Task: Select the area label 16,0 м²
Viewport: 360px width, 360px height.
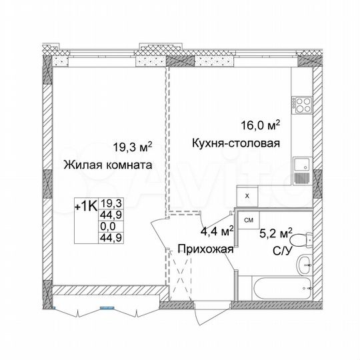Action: (261, 125)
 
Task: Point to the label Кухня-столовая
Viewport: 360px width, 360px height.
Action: (235, 143)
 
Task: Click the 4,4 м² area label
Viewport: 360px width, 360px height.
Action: (217, 232)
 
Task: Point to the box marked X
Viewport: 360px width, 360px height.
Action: (247, 196)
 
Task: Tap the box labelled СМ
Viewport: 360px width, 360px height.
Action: (248, 219)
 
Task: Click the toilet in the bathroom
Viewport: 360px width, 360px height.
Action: (301, 239)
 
